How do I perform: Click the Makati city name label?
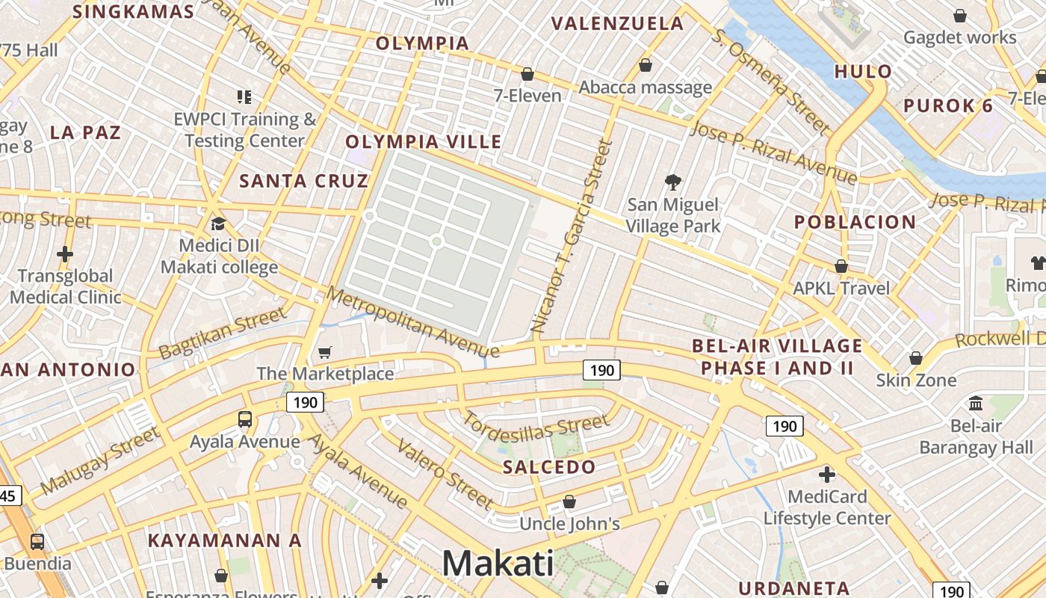498,563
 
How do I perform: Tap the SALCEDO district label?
549,467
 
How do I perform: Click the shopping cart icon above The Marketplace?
325,352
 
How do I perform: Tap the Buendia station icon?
37,541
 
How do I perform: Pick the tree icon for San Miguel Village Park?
673,182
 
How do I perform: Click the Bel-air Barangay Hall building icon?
976,404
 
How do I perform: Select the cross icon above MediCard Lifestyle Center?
826,475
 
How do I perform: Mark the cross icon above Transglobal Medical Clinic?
65,254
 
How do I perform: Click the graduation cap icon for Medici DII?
218,224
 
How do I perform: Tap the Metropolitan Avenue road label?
412,322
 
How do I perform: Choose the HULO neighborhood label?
863,72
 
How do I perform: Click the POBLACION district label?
855,222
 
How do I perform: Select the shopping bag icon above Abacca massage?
646,66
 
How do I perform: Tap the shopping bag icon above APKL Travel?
841,266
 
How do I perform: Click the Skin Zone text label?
916,380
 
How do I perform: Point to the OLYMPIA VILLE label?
423,141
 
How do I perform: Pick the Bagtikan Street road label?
223,333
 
